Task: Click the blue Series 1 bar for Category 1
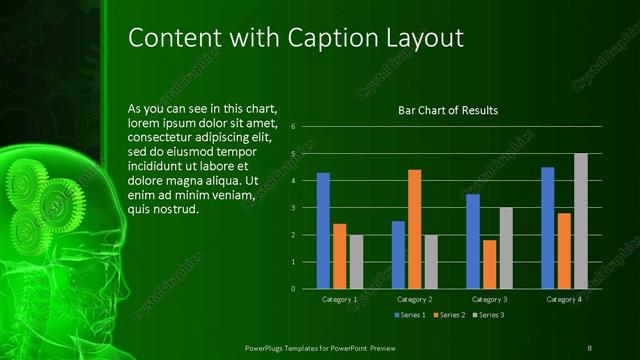(323, 230)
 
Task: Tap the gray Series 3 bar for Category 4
(581, 221)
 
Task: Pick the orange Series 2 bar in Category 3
(489, 264)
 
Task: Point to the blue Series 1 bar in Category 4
(547, 227)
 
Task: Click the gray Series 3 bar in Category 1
(356, 261)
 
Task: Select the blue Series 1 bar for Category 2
(398, 254)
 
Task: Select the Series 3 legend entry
(489, 315)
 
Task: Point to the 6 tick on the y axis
(292, 127)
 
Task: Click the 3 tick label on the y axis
(292, 208)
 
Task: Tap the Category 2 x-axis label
(414, 299)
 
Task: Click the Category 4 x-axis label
(564, 299)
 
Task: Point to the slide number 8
(590, 347)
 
